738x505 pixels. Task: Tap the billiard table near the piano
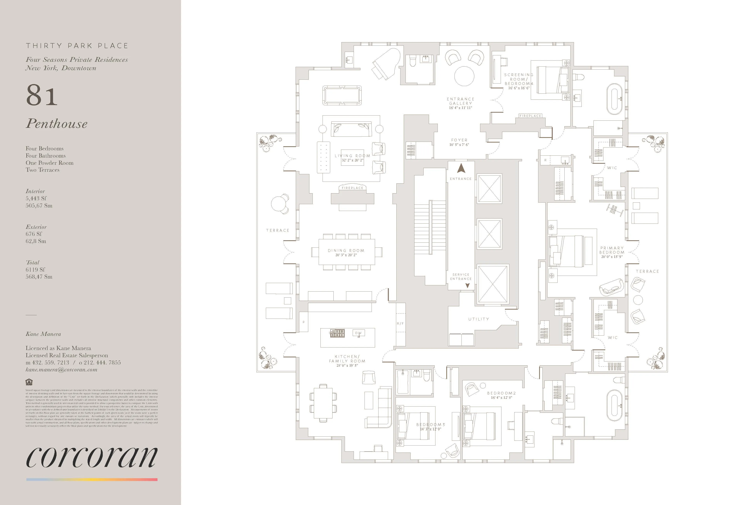click(342, 95)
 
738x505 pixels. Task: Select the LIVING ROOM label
click(352, 156)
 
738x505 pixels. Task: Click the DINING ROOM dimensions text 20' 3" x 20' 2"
click(346, 255)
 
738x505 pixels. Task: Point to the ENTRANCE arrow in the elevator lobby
click(461, 168)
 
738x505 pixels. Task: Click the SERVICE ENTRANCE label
click(461, 277)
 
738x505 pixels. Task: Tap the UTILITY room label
click(479, 319)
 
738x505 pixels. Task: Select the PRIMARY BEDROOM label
click(612, 250)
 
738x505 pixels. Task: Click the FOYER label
click(459, 140)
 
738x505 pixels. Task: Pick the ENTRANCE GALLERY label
click(460, 101)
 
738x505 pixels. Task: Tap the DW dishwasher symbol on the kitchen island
click(359, 333)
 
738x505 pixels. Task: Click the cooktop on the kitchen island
click(337, 333)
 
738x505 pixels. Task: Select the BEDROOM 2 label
click(502, 393)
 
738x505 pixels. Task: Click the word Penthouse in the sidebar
click(57, 124)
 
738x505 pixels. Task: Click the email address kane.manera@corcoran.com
click(61, 370)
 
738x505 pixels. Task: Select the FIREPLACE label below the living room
click(352, 188)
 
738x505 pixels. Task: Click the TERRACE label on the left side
click(278, 230)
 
